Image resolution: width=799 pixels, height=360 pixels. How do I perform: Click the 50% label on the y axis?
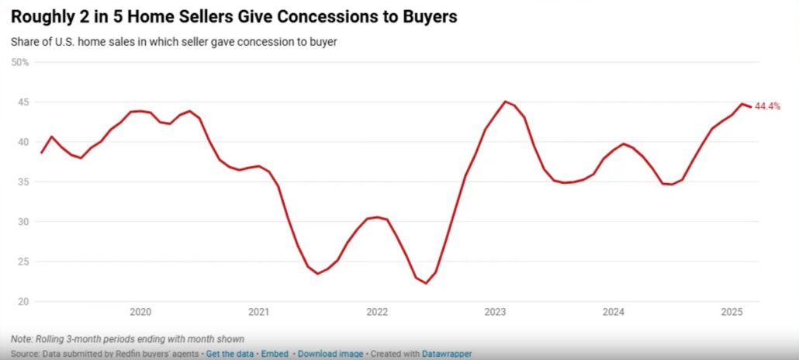coord(19,62)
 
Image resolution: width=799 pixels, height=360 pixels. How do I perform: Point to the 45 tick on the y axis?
coord(23,102)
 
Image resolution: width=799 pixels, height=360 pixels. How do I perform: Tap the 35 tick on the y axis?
coord(23,182)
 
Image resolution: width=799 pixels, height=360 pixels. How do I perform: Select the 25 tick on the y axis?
coord(23,261)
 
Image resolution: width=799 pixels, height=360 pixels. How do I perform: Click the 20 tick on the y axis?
coord(23,301)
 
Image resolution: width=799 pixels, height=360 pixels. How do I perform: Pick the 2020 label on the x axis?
coord(140,313)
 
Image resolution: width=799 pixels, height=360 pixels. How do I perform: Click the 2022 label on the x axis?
coord(377,313)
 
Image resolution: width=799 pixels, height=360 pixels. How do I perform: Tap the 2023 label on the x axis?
coord(495,313)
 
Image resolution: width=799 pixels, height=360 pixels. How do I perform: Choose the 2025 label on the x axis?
coord(732,313)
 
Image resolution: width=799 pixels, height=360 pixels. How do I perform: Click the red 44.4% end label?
coord(767,106)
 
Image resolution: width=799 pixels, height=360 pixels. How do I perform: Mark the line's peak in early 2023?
coord(505,101)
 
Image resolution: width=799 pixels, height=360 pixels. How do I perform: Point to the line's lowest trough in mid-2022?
coord(426,283)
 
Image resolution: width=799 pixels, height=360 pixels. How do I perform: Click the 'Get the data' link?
coord(231,354)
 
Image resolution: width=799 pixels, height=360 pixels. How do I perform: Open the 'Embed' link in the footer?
coord(275,354)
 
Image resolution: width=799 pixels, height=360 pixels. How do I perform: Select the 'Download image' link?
coord(330,354)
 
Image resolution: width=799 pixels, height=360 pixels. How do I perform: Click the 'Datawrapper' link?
coord(446,354)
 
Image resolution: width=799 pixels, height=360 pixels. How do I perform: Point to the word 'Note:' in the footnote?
coord(22,339)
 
